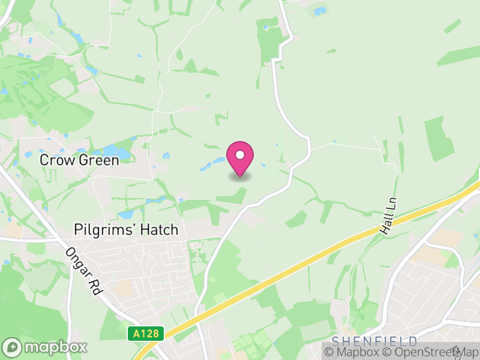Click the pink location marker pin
click(x=240, y=158)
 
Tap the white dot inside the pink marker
click(x=240, y=155)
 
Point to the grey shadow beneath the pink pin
click(x=240, y=176)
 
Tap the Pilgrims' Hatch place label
click(x=126, y=229)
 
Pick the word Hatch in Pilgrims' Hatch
click(x=158, y=229)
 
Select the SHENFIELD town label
click(x=374, y=341)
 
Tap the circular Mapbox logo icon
click(x=13, y=347)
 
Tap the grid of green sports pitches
click(x=249, y=345)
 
